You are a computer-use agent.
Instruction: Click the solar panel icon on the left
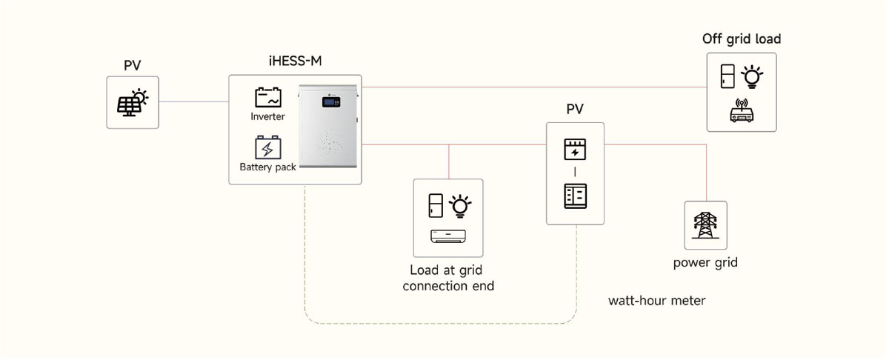133,102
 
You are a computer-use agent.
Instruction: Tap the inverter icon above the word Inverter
267,98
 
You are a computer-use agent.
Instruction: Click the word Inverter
267,117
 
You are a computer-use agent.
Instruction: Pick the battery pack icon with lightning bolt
267,147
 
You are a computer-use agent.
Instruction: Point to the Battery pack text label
267,167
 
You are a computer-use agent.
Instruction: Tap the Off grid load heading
742,39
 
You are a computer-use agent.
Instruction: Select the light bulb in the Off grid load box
753,76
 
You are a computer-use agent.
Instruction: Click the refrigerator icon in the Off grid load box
729,77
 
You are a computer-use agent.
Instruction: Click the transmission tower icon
705,225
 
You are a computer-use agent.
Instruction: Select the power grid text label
705,263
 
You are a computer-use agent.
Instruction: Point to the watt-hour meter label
656,301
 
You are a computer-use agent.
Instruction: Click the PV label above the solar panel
133,66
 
